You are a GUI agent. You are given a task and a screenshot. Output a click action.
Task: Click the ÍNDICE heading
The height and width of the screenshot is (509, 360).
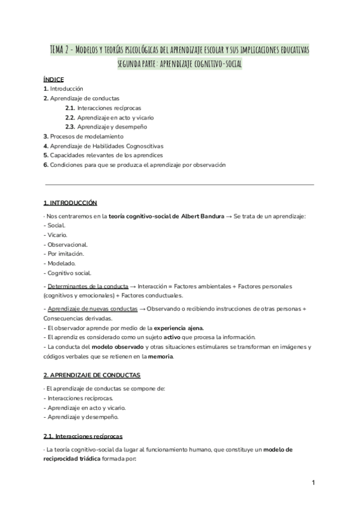[54, 79]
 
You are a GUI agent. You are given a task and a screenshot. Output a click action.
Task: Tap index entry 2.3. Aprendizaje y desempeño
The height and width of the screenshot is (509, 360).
[106, 127]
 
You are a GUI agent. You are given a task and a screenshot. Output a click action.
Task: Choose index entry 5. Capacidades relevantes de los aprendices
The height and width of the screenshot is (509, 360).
[103, 155]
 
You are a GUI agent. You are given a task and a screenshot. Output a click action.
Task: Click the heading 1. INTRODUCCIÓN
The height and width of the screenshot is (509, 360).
[70, 203]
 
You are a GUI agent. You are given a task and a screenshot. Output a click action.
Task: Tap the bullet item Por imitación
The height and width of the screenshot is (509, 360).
[64, 254]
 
